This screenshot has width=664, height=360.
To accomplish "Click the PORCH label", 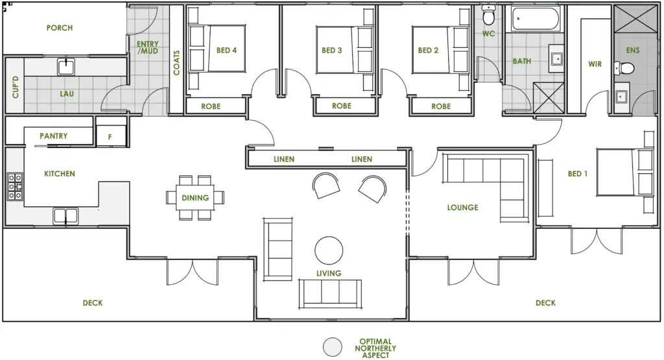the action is pos(60,28).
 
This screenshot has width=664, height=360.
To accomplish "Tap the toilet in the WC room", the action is pos(489,15).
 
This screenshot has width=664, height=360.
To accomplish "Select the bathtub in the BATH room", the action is pos(536,19).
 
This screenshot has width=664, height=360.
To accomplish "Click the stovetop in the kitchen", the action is pos(16,186).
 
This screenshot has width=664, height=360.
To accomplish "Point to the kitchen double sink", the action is pos(65,216).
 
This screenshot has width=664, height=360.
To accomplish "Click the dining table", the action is pos(195,198).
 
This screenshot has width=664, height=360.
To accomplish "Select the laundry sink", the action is pos(66,67).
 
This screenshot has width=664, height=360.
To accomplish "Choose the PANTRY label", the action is pos(53,136).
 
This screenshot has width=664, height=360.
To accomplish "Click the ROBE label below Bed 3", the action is pos(341,106).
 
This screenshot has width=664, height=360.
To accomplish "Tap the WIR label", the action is pos(595,64).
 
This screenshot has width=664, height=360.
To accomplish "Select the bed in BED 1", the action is pos(624,172).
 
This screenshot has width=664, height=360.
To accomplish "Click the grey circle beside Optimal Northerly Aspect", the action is pos(333,347).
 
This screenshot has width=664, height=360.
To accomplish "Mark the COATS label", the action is pos(176,63).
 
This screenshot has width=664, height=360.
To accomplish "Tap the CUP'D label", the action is pos(16,87).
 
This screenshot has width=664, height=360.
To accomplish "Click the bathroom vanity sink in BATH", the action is pos(556,58).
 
